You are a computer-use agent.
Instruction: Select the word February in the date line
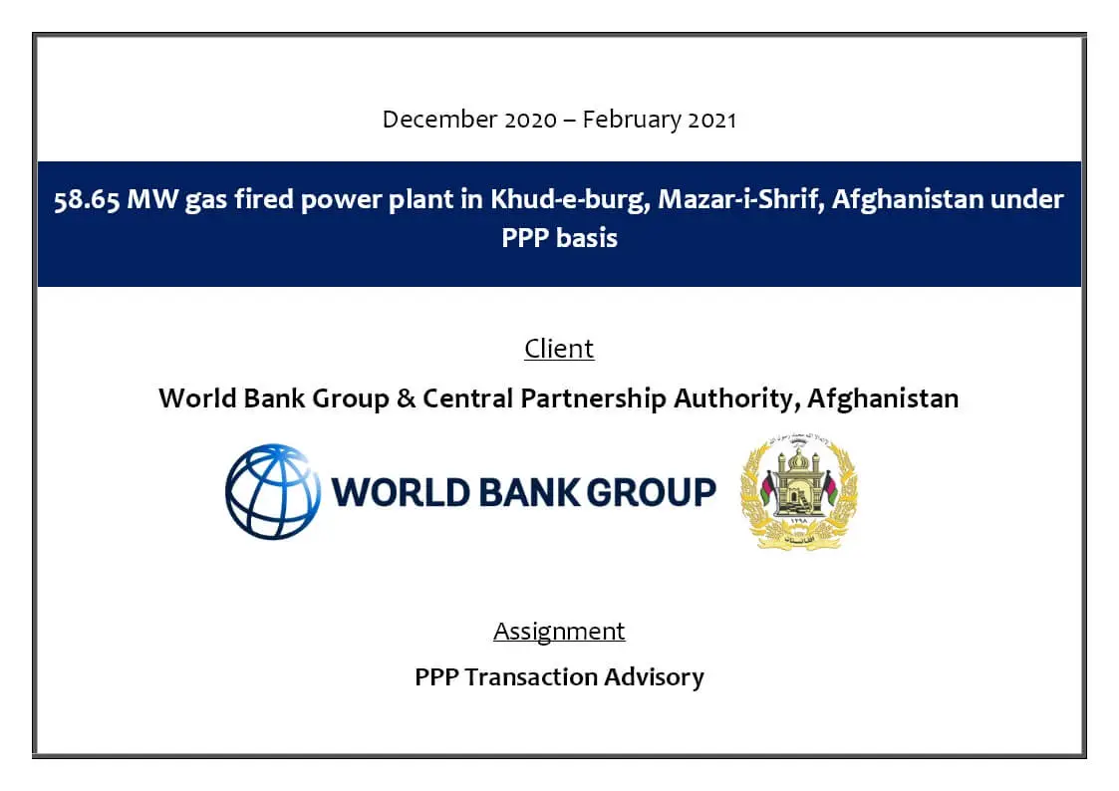click(632, 121)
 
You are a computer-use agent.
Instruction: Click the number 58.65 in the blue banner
click(87, 199)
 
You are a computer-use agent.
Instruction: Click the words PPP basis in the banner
click(560, 237)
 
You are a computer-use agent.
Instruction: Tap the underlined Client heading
click(560, 349)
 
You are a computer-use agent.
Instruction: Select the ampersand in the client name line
click(407, 398)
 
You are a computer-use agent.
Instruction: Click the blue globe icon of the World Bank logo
click(273, 492)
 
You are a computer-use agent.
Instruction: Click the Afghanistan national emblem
click(798, 491)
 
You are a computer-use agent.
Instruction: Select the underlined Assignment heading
click(560, 632)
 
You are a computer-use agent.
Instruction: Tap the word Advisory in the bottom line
click(654, 677)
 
